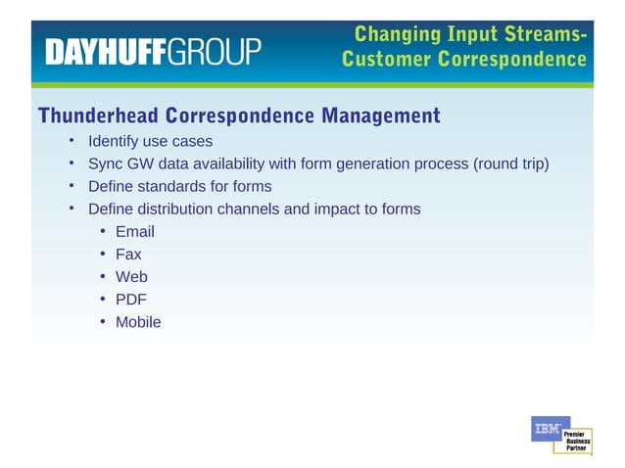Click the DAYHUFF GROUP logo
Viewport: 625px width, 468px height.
point(152,51)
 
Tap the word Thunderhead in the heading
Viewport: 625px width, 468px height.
point(98,117)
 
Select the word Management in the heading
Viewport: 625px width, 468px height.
point(377,117)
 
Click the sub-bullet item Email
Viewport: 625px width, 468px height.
point(134,232)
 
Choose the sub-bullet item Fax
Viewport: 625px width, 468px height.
point(128,255)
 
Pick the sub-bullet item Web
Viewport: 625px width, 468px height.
point(131,277)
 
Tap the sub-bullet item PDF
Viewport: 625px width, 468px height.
point(130,300)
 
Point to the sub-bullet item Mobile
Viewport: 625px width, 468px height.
point(138,322)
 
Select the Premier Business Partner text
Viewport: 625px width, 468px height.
point(576,440)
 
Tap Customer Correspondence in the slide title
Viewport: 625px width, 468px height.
point(464,61)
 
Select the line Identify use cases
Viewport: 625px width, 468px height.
point(150,141)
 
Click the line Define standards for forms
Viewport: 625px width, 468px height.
point(179,186)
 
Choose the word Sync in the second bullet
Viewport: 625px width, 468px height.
point(105,164)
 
